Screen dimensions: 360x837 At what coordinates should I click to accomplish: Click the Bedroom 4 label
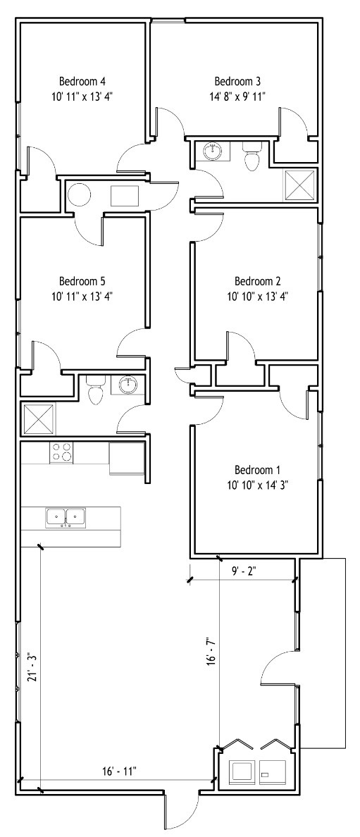coord(82,82)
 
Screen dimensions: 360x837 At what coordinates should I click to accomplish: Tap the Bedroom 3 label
coord(237,82)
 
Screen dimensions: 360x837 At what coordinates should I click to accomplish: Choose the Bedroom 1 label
coord(257,470)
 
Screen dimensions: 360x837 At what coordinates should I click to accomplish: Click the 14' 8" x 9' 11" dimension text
coord(237,96)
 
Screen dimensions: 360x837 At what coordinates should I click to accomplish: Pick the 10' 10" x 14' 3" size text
coord(257,485)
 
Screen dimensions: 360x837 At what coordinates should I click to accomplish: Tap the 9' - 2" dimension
coord(244,571)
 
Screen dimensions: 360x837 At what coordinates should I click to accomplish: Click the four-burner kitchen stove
coord(61,452)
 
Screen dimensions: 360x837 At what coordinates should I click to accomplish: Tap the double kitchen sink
coord(66,517)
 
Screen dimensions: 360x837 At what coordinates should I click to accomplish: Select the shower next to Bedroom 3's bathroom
coord(299,184)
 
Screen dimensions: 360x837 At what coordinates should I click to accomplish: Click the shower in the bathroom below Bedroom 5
coord(39,420)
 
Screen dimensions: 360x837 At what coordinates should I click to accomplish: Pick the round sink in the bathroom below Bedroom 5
coord(128,384)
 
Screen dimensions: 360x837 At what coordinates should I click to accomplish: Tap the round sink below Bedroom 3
coord(213,151)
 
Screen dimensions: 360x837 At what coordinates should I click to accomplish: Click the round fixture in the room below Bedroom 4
coord(80,195)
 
